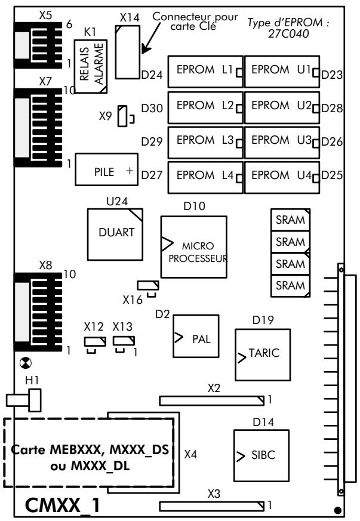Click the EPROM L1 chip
click(205, 71)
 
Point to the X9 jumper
click(123, 116)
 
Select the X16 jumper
click(147, 285)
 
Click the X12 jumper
click(95, 341)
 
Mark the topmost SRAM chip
click(290, 219)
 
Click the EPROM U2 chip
click(281, 106)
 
